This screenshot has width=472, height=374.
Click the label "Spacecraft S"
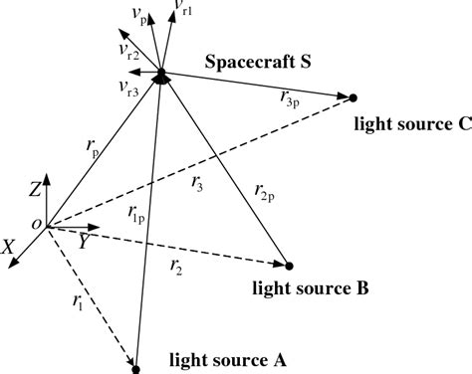click(259, 62)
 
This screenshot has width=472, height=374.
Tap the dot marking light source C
click(354, 97)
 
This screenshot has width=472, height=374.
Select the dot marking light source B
click(289, 266)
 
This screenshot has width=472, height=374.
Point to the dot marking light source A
click(135, 368)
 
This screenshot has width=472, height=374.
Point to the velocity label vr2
click(122, 48)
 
